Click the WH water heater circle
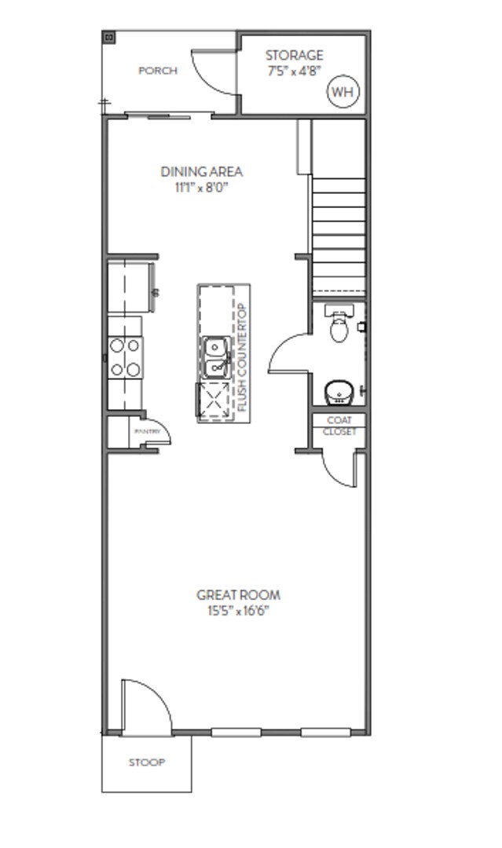point(342,92)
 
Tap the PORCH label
point(158,71)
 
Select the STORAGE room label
point(294,55)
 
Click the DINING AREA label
point(201,171)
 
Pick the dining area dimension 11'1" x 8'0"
point(201,188)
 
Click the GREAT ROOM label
point(238,595)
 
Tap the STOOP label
point(147,762)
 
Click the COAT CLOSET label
point(339,426)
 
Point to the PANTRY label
point(147,432)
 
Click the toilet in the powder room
point(339,327)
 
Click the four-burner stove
point(125,356)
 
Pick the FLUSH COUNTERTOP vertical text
point(242,357)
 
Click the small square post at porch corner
point(109,37)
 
